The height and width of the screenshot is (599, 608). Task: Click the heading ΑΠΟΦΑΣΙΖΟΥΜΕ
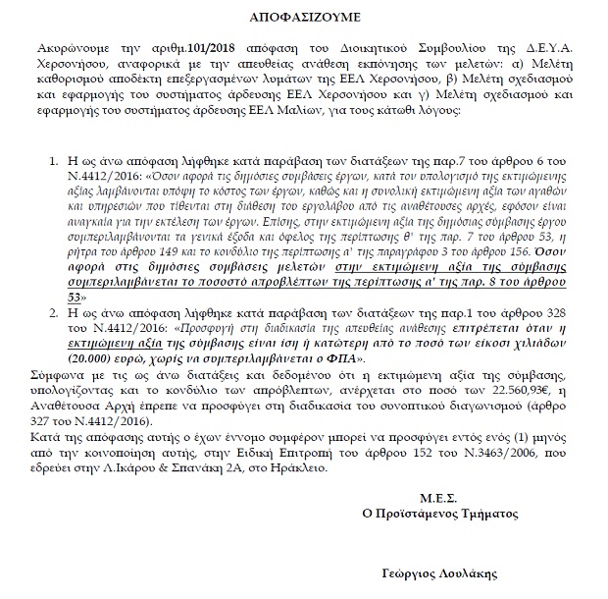pyautogui.click(x=306, y=17)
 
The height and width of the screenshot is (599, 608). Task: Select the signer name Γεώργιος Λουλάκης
pyautogui.click(x=437, y=572)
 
